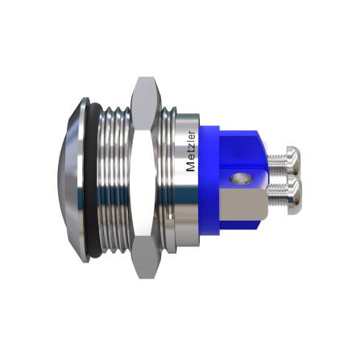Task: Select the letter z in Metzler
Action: click(x=190, y=147)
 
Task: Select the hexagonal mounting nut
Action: click(x=145, y=179)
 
